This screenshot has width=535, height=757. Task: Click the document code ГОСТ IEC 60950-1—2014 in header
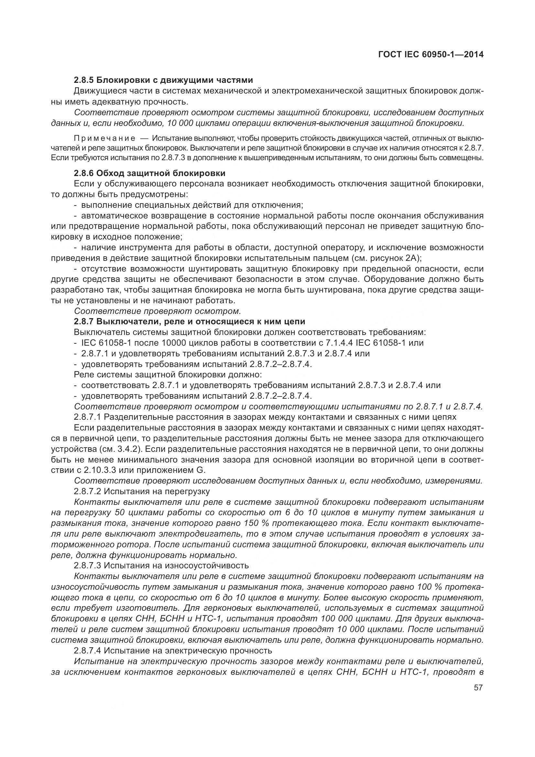431,55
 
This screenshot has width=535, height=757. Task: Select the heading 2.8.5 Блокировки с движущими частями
163,80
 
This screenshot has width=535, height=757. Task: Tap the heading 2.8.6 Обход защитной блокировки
149,173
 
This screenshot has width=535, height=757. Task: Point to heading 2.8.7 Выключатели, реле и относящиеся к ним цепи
190,321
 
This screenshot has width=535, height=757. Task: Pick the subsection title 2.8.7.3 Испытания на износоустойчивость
161,565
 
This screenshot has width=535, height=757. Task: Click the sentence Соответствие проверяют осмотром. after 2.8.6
158,311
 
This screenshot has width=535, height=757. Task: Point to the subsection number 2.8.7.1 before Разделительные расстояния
87,417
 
